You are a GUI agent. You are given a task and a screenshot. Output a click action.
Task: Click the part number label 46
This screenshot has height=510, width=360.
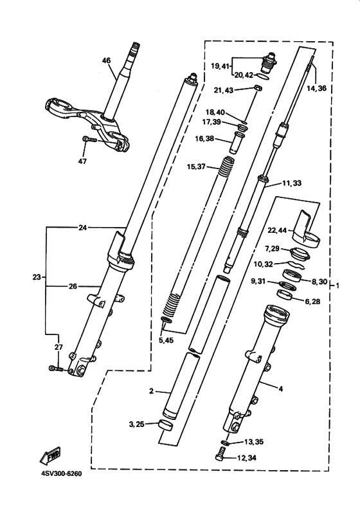click(106, 60)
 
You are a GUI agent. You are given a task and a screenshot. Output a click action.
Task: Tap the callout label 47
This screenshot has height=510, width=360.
click(82, 161)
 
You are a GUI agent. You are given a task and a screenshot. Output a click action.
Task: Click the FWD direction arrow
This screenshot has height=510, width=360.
click(50, 455)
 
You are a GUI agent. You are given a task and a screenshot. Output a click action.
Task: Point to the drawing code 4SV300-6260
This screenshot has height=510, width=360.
click(62, 473)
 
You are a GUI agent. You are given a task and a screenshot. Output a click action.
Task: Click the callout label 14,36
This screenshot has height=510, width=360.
click(316, 88)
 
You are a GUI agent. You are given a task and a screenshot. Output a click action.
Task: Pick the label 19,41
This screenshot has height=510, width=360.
click(220, 66)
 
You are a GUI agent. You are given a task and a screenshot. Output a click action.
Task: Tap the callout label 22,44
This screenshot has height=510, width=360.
click(277, 230)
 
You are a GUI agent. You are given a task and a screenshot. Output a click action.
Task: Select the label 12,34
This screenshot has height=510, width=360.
click(247, 458)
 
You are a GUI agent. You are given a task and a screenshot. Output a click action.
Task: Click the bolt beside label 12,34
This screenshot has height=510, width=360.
click(220, 453)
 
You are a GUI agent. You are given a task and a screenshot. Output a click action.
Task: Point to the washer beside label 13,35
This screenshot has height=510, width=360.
click(225, 442)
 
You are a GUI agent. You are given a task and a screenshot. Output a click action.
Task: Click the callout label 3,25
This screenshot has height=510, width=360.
click(136, 424)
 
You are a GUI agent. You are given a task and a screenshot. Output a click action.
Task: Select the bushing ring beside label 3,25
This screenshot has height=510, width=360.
click(165, 426)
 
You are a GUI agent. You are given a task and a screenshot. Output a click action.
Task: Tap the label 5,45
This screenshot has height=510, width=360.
click(166, 341)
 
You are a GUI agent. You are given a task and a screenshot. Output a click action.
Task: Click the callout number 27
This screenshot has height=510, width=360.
click(59, 347)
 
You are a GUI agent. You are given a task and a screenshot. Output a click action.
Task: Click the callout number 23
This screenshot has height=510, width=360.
click(37, 277)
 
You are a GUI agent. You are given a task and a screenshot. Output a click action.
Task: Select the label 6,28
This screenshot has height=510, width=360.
click(312, 302)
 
